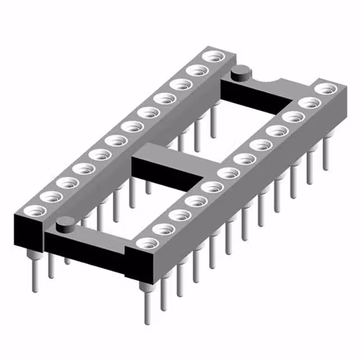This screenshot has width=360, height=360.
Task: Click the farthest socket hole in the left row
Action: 213,57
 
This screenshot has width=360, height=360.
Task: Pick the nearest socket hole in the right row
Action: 147,244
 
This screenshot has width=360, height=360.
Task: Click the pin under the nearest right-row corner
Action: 147,304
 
